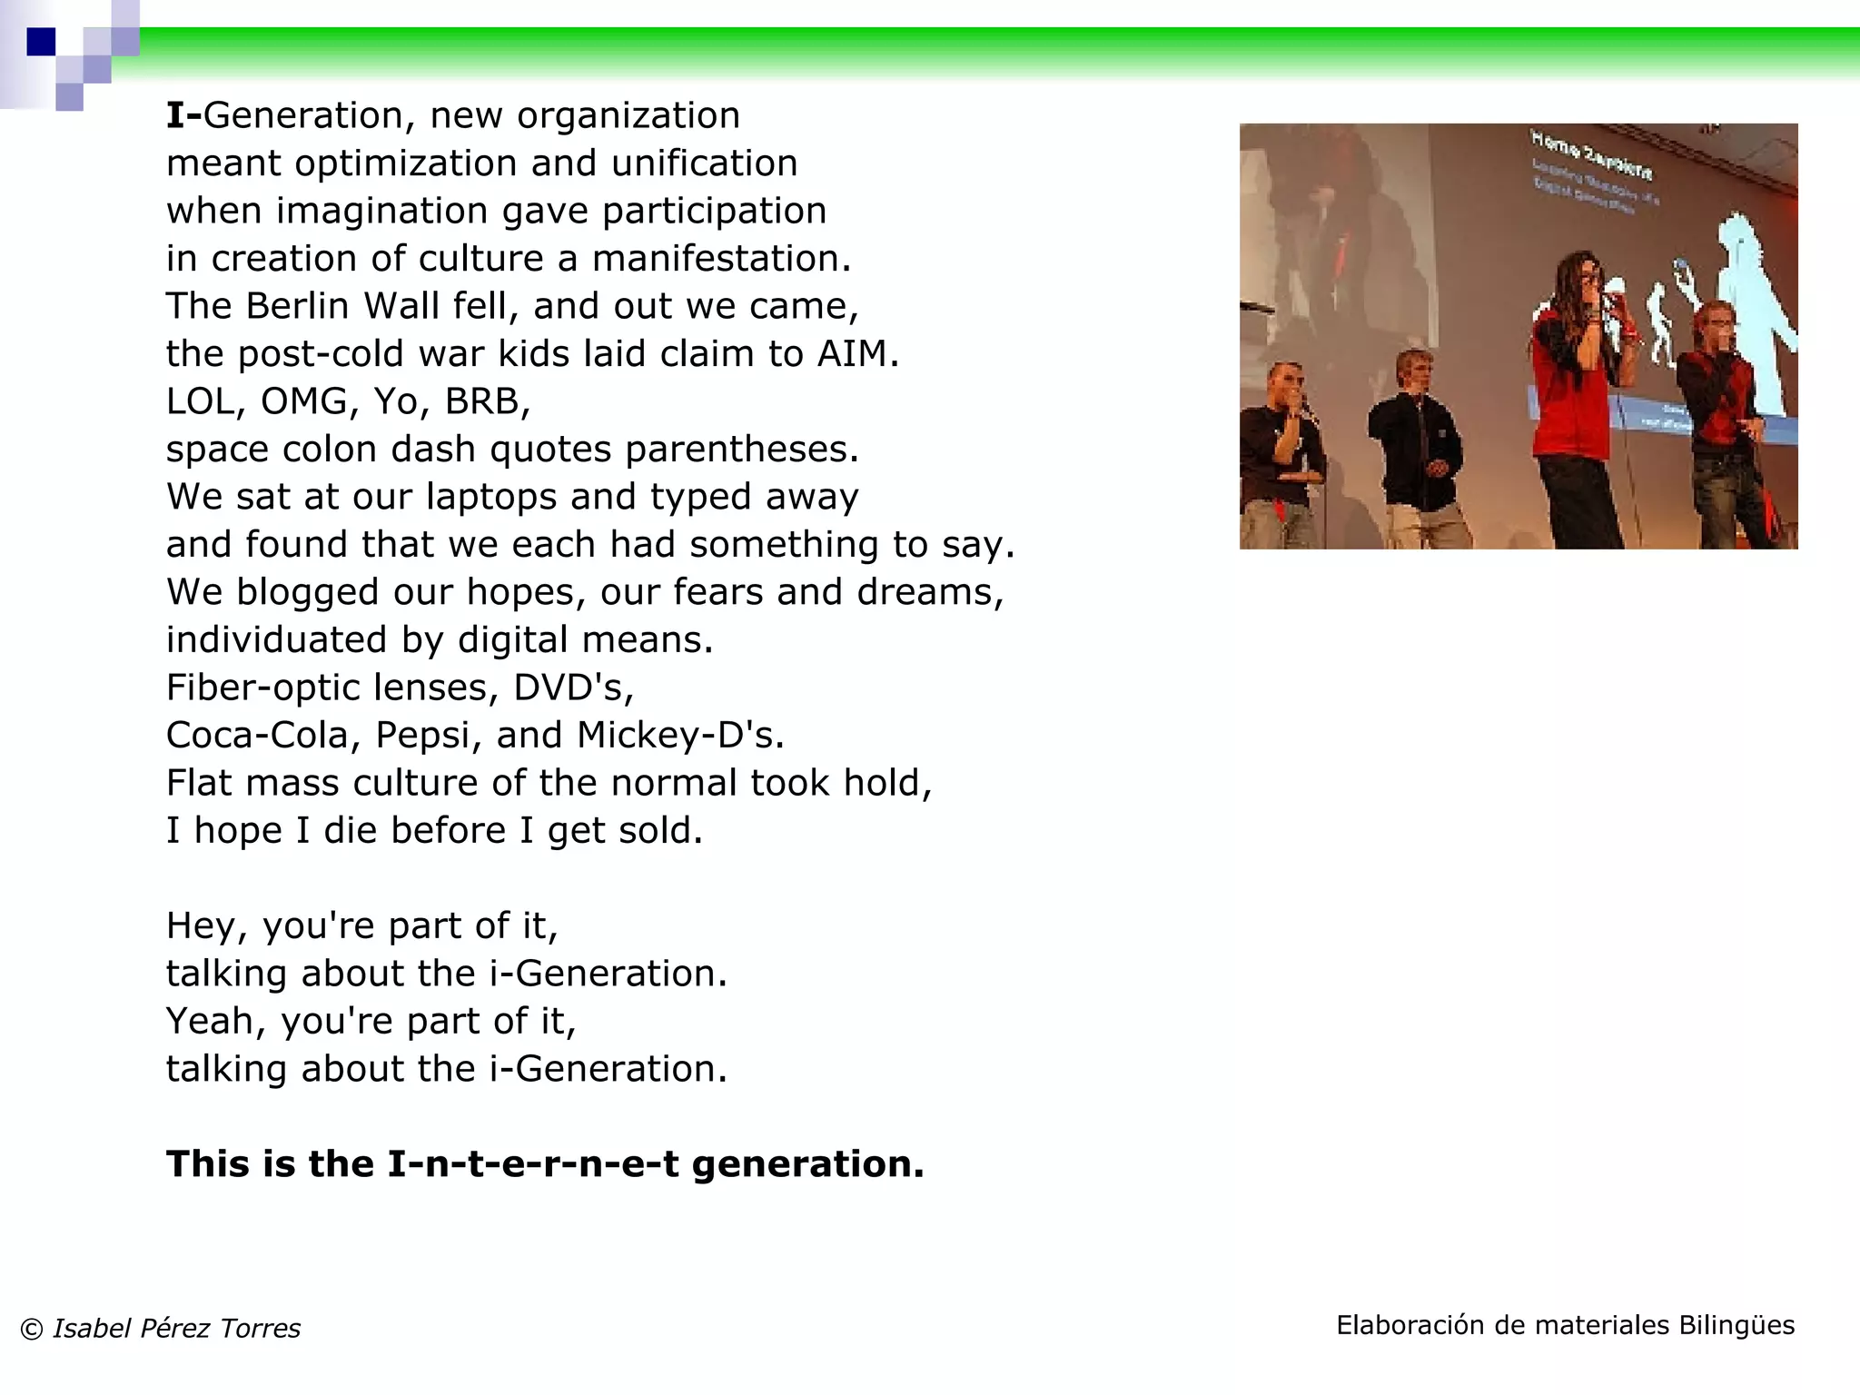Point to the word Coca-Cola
(257, 735)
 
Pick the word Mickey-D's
(678, 735)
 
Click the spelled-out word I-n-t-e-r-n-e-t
(533, 1164)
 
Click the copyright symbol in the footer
(32, 1330)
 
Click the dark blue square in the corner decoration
(41, 42)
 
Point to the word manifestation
(721, 259)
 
